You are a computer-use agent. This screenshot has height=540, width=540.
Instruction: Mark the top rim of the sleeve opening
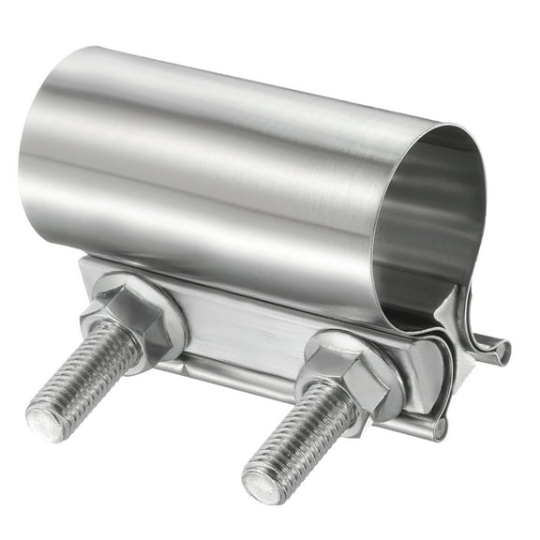(x=441, y=131)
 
